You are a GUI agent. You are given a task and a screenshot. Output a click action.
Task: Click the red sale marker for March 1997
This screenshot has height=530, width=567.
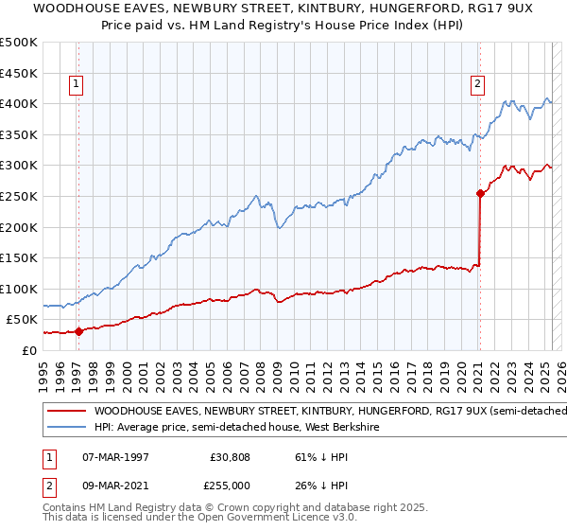pos(78,330)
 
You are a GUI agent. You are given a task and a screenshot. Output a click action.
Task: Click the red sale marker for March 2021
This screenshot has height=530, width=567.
pos(480,194)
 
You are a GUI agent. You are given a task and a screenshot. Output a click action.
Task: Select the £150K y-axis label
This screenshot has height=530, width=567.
pos(18,257)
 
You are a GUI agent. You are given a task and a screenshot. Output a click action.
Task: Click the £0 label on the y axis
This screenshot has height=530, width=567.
pos(28,350)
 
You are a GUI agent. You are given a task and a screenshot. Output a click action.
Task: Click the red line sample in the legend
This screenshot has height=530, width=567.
pos(65,411)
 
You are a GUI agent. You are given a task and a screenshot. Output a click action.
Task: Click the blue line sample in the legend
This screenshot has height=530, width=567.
pos(65,428)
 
